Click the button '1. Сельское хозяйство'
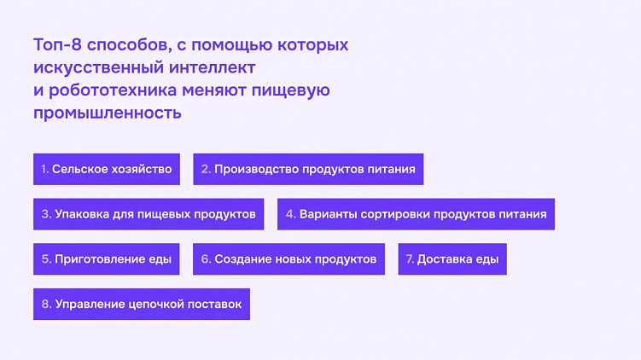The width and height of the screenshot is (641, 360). tap(106, 169)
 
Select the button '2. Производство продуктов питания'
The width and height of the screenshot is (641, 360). tap(308, 169)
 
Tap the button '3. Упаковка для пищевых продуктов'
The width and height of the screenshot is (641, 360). tap(149, 214)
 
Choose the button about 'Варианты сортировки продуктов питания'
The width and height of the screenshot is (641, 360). tap(416, 214)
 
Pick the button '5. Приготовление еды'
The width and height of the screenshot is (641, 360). tap(106, 258)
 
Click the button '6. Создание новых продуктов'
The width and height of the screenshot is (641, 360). tap(288, 258)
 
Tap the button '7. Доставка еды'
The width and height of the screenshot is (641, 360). tap(452, 258)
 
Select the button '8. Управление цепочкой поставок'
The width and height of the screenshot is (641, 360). tap(141, 304)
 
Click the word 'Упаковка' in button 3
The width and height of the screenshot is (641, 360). tap(83, 214)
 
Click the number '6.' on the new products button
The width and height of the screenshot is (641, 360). tap(206, 258)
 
